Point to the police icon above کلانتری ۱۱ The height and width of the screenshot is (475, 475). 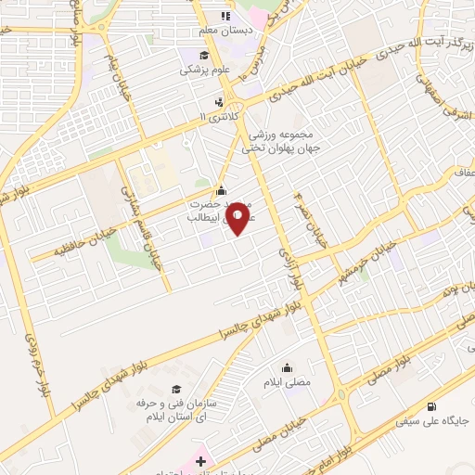click(219, 100)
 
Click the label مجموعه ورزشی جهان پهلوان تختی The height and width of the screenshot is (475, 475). click(279, 140)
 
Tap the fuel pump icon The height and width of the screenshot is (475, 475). click(430, 405)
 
